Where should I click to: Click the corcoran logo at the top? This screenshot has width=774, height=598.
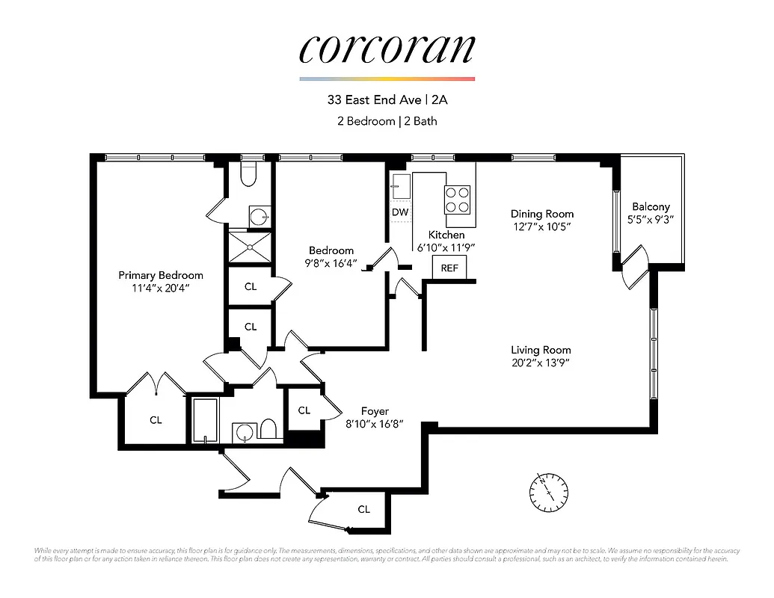coord(387,49)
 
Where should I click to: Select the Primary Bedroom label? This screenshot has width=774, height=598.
coord(160,275)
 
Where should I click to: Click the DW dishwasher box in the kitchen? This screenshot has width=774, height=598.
coord(400,212)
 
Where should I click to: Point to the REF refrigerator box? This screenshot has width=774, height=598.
coord(449,268)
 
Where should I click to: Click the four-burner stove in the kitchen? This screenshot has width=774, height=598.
coord(458,199)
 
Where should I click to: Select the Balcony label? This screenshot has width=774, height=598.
coord(651,207)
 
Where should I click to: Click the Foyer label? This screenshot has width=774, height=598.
coord(375,411)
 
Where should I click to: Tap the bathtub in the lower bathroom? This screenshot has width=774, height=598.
coord(205,421)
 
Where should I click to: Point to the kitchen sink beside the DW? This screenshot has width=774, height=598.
coord(400,187)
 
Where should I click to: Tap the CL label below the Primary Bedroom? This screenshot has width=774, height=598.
coord(156,420)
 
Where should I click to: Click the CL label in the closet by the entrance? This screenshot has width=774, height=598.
coord(363,509)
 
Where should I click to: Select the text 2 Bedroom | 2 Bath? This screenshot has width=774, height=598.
coord(387,120)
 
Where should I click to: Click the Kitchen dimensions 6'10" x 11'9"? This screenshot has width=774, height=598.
coord(446,247)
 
